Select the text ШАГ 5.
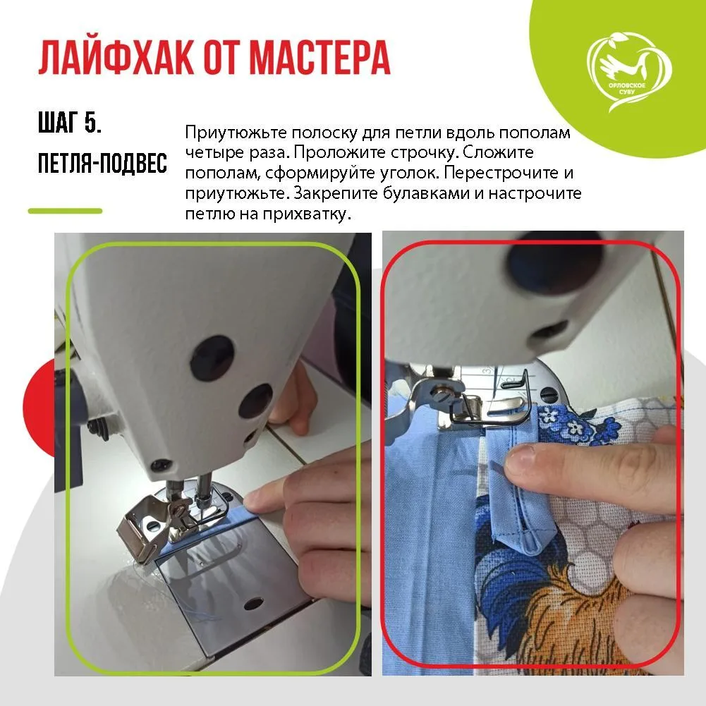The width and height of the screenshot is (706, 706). click(70, 124)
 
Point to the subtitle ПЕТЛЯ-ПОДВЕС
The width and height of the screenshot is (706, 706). click(102, 164)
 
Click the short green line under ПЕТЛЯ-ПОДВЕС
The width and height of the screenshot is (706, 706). click(65, 210)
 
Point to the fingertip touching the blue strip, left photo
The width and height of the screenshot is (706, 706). click(254, 503)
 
